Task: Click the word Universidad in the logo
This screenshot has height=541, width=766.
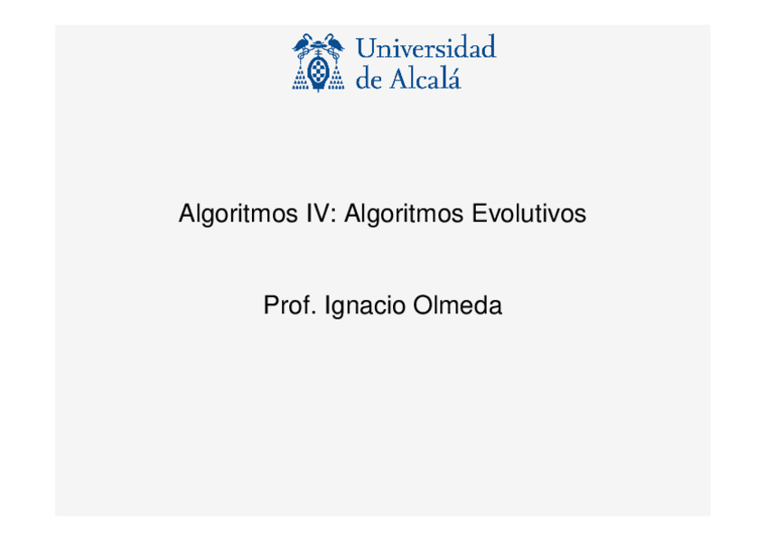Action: pos(426,48)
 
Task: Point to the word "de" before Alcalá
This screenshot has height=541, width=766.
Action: pos(369,79)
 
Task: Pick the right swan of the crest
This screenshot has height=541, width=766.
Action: pos(332,42)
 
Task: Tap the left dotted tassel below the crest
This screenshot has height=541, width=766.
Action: pos(301,79)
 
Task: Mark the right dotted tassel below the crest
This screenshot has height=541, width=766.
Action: pos(335,79)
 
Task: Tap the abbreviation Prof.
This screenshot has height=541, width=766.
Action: pos(289,306)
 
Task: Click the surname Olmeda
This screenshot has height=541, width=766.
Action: pos(457,306)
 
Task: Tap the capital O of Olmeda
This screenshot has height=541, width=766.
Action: pos(423,306)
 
